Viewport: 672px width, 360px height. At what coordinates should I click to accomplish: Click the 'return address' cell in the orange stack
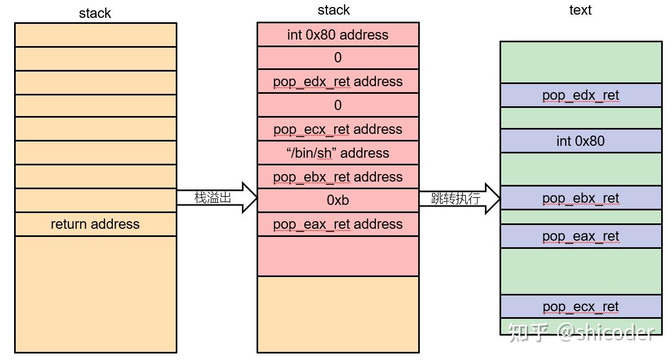pos(95,224)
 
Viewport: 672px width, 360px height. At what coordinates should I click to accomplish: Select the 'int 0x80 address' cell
pos(338,35)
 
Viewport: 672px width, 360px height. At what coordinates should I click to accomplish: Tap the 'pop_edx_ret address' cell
pos(338,81)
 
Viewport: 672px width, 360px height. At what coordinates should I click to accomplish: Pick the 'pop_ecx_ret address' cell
pos(338,129)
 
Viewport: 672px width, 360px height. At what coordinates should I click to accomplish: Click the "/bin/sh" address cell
pos(338,153)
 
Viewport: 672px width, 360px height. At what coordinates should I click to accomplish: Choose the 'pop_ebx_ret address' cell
pos(338,177)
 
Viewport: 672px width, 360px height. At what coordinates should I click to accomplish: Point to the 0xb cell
pos(338,200)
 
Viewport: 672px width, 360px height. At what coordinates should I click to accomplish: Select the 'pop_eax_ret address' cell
pos(338,224)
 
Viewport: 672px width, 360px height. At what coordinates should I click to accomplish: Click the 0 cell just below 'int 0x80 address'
pos(338,58)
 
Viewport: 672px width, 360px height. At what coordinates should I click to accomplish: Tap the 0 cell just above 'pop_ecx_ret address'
pos(338,105)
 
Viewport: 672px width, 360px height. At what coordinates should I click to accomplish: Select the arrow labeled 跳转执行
pos(458,198)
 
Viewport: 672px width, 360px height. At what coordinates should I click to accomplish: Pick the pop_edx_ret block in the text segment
pos(580,95)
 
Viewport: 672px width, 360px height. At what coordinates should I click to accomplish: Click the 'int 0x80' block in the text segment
pos(580,141)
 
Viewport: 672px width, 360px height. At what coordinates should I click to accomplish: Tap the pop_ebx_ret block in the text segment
pos(580,198)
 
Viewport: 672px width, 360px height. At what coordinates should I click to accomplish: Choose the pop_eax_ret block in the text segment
pos(580,236)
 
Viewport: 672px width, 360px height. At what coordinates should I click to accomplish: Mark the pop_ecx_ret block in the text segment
pos(580,307)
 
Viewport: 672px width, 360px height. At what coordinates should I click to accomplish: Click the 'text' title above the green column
pos(580,10)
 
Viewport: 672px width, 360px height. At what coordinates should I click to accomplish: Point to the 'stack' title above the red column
pos(334,10)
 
